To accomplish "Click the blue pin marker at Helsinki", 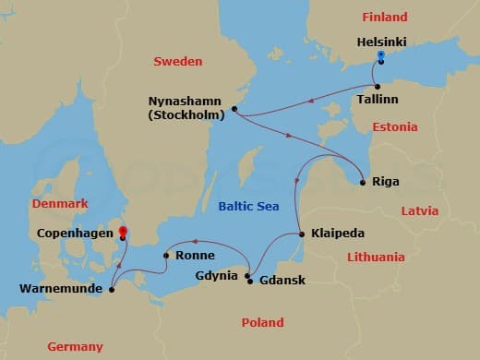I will point(380,57).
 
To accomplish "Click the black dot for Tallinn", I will point(378,86).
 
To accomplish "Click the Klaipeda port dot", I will point(302,234).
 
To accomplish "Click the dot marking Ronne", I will point(165,256).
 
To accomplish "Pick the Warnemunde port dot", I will point(111,290).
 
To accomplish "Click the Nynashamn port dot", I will point(234,109).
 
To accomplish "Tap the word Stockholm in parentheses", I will point(189,116).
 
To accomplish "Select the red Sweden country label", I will point(176,61).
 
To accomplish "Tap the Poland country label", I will point(262,322).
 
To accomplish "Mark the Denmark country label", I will point(59,203).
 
